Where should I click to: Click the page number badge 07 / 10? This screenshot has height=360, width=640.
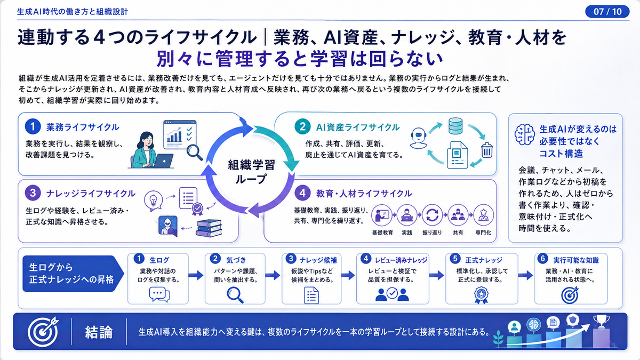pos(607,12)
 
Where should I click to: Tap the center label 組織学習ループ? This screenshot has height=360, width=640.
pos(251,172)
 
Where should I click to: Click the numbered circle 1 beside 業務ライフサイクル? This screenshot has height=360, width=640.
pos(33,126)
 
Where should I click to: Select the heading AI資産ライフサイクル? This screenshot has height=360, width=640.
pos(358,127)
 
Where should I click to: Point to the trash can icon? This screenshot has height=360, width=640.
pos(487,150)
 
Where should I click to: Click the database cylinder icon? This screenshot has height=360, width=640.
pos(455,126)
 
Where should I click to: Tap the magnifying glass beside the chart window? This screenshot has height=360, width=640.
pos(195,153)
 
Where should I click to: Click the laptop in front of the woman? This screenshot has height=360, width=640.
pos(163,161)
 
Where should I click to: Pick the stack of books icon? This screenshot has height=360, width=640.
pos(209,228)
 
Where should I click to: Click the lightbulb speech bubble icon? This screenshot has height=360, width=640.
pos(154,201)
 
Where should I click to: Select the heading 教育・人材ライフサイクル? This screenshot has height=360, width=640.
pos(364,194)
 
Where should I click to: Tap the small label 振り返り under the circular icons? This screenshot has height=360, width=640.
pos(432,233)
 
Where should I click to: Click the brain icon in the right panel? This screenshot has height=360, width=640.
pos(525,134)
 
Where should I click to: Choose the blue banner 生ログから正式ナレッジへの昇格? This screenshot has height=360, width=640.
pos(73,274)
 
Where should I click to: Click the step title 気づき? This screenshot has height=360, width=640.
pos(236,260)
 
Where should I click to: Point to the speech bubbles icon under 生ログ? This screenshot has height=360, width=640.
pos(159,295)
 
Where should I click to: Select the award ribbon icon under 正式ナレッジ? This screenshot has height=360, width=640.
pos(481,295)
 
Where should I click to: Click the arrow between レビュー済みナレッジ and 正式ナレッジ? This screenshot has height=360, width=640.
pos(437,275)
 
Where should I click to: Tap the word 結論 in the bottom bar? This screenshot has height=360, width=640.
pos(99,332)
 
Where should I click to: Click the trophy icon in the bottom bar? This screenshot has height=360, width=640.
pos(601,322)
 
